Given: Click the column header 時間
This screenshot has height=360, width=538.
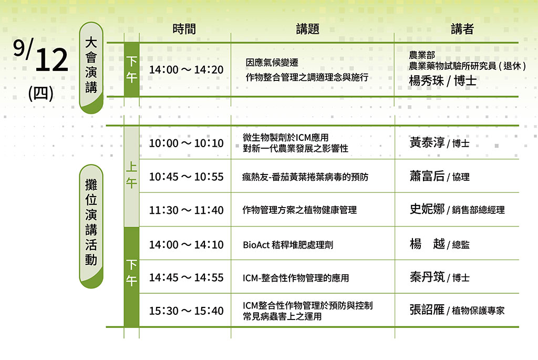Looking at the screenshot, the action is click(x=184, y=29).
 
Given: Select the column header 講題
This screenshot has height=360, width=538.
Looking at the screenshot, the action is click(x=308, y=29).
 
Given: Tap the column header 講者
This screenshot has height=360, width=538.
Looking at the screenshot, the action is click(x=462, y=29).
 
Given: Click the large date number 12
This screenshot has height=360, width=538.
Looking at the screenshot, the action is click(x=51, y=60).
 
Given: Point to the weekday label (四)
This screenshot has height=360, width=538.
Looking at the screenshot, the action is click(x=41, y=94).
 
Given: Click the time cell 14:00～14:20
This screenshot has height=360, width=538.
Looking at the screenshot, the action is click(x=186, y=70).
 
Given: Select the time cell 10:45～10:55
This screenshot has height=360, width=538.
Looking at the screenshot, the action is click(x=186, y=177).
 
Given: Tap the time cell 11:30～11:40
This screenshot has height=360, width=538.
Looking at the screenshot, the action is click(x=186, y=210).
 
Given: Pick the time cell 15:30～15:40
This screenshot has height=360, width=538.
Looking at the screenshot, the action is click(x=186, y=311).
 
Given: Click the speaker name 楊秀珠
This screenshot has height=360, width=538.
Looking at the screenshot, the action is click(x=426, y=81).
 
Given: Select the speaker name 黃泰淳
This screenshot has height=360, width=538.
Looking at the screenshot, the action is click(x=427, y=142).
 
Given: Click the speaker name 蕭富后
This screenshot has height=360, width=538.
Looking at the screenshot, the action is click(x=427, y=176).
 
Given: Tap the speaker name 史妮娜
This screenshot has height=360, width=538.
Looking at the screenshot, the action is click(x=427, y=209).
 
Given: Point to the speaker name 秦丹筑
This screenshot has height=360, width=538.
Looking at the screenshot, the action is click(x=427, y=276).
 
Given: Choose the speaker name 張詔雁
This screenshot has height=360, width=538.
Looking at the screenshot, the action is click(x=427, y=310).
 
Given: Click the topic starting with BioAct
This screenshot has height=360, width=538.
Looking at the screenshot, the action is click(x=288, y=245).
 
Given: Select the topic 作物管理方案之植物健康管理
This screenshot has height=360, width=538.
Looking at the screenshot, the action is click(x=299, y=210).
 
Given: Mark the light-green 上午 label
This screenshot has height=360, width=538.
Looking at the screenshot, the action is click(x=131, y=175).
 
